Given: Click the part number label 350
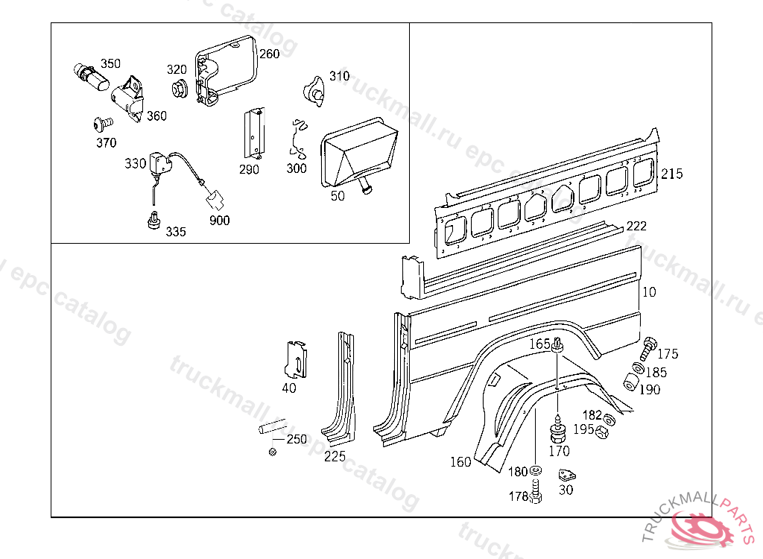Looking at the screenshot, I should coord(110,63).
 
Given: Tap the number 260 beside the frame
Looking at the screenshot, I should coord(269,54).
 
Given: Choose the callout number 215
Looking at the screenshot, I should coord(671,174).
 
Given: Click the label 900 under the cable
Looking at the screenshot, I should coord(220,220).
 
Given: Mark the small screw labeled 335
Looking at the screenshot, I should coord(153,221).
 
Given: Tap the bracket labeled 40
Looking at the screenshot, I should coord(297,359).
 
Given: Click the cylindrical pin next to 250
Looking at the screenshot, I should coord(270,429).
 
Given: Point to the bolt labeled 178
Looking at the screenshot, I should coord(536,493).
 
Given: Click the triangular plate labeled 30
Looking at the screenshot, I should coord(569,475).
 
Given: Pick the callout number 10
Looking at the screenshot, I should coord(649,292).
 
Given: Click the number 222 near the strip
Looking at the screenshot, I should coord(636,226).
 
